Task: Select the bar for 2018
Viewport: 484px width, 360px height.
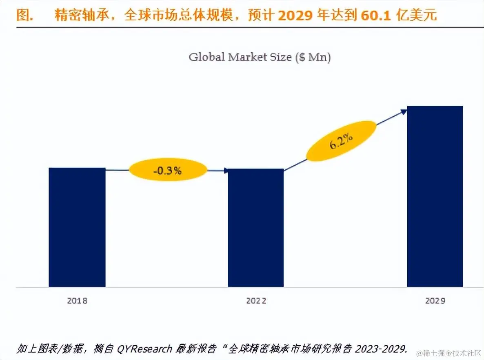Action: click(77, 227)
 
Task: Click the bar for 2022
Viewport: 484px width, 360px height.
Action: click(255, 227)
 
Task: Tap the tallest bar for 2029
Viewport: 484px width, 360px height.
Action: click(435, 196)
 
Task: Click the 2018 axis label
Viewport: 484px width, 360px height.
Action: click(77, 301)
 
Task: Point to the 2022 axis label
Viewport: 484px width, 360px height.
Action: click(256, 301)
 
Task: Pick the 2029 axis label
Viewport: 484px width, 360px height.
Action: click(435, 301)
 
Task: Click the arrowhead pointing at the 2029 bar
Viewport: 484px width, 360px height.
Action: click(404, 111)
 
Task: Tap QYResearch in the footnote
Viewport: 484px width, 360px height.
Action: click(144, 349)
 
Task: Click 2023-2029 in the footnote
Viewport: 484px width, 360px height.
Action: click(380, 349)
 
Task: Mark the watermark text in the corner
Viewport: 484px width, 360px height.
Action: click(447, 352)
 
